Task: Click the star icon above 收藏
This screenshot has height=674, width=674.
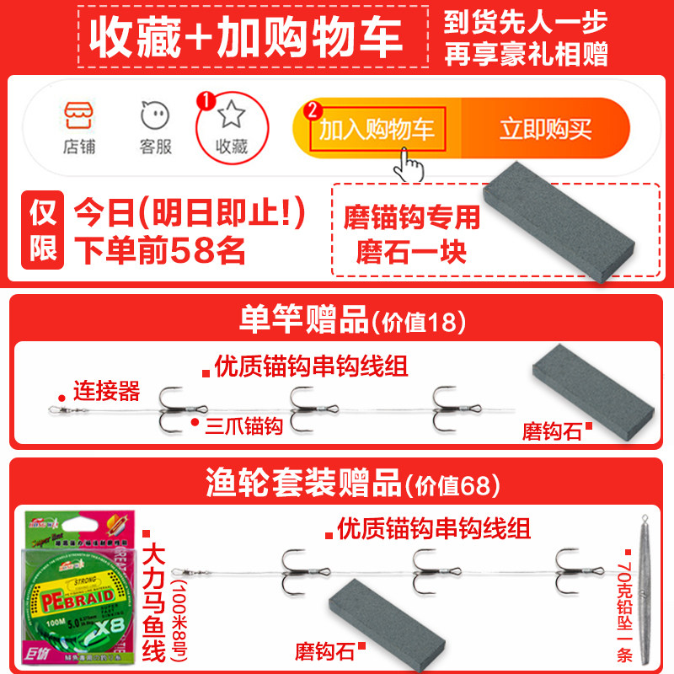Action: [x=231, y=114]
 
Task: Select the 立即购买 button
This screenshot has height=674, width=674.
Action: [x=545, y=130]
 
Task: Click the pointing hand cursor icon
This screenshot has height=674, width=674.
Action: [x=410, y=164]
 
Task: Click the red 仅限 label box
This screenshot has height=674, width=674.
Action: [x=44, y=229]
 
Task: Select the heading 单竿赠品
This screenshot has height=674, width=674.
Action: [x=303, y=320]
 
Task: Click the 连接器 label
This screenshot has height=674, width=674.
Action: [x=106, y=391]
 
